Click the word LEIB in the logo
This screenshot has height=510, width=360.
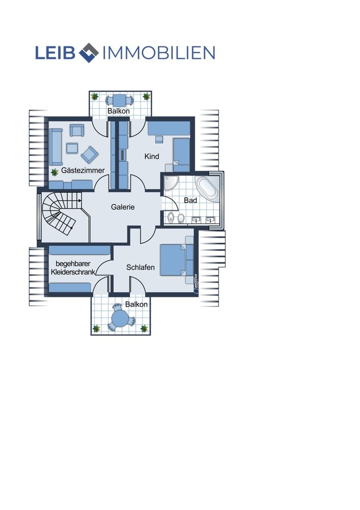55,53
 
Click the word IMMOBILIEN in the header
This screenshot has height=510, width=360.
159,53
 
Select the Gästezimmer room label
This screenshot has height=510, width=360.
83,170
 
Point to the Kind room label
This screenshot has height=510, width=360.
152,157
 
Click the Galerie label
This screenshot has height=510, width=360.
122,207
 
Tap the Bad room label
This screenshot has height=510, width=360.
190,200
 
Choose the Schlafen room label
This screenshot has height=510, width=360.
141,267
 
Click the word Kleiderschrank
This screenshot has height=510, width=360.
73,272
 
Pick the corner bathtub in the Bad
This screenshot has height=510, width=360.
208,189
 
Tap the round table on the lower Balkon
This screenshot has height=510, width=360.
120,317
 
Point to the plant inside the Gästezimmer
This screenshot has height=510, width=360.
55,172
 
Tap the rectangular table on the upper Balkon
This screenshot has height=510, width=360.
120,99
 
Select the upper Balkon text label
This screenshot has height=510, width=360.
119,111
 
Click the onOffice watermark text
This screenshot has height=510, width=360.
195,282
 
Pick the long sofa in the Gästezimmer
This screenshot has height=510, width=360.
56,147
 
